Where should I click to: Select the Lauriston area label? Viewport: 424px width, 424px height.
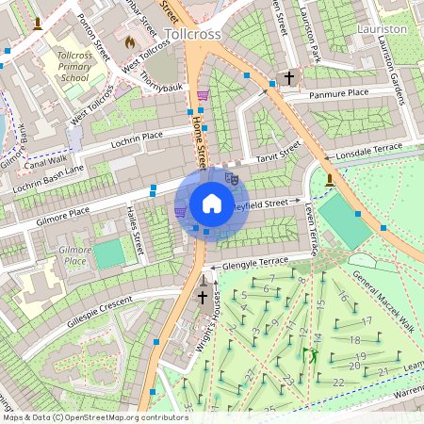tap(383, 29)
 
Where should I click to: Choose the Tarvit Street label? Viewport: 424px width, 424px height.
tap(276, 151)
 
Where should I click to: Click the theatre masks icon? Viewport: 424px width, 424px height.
tap(233, 176)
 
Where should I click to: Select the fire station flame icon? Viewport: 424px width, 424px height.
tap(130, 42)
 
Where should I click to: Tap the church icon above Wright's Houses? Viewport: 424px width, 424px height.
tap(202, 298)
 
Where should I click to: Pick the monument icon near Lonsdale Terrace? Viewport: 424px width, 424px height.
tap(329, 179)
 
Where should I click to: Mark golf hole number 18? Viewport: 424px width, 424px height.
tap(354, 340)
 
